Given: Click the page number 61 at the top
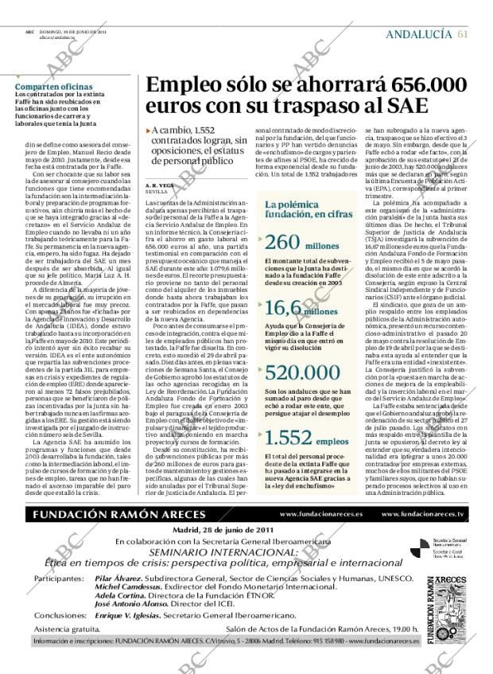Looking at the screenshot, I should point(463,33).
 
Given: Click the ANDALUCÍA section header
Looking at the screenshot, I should point(418,33).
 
